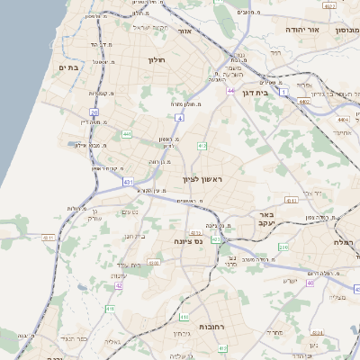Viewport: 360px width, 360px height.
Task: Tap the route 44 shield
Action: [230, 91]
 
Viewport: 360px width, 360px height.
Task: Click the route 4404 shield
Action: [340, 119]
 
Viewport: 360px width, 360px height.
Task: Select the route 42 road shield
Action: [119, 285]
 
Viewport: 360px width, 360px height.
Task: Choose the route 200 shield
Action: [283, 247]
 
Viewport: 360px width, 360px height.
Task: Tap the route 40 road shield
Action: [310, 283]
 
